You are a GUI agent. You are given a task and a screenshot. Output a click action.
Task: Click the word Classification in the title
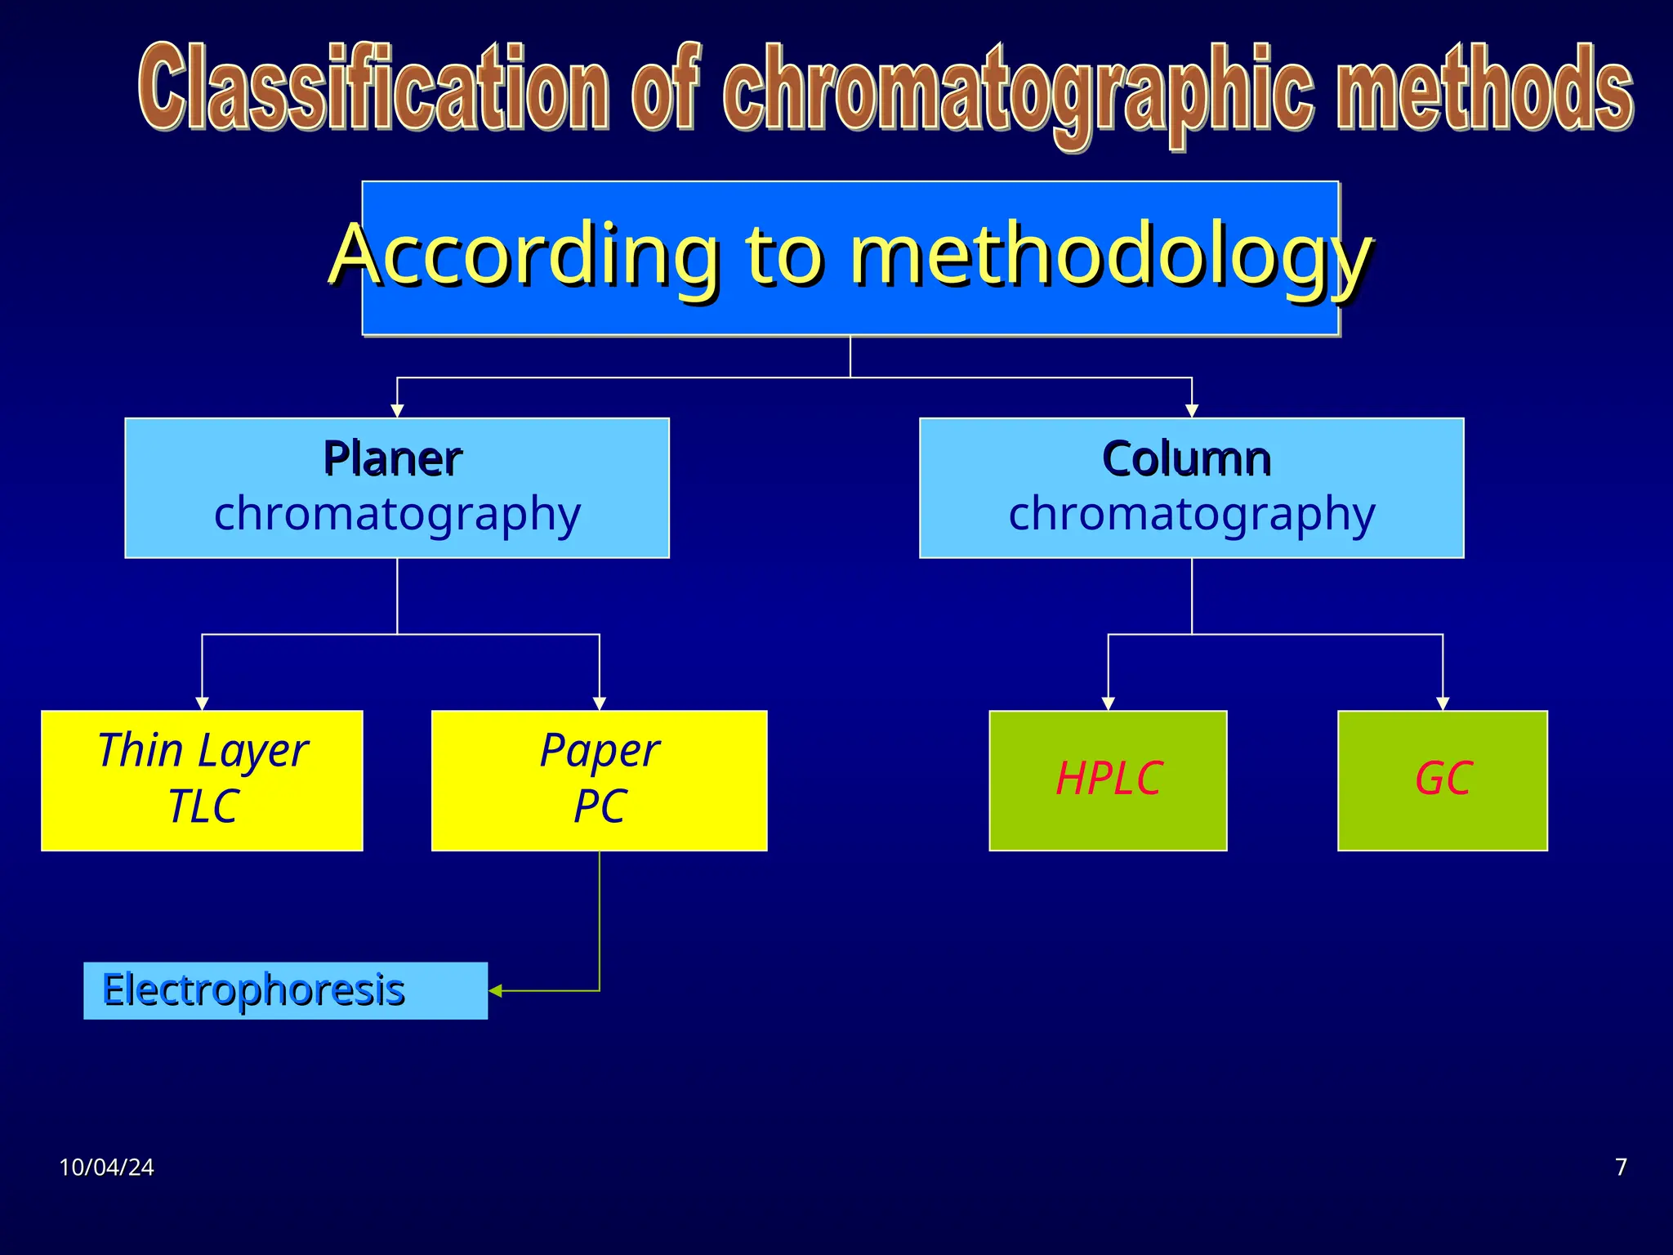(373, 87)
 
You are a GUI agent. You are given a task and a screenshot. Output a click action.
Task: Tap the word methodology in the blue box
(1111, 256)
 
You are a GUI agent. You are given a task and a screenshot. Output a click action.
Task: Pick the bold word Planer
(392, 458)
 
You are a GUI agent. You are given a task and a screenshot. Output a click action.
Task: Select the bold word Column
(1186, 458)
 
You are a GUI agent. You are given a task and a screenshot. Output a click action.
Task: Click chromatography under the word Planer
(397, 515)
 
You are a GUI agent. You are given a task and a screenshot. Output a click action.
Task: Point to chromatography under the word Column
(1192, 515)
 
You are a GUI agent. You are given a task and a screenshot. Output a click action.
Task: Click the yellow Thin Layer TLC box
(202, 780)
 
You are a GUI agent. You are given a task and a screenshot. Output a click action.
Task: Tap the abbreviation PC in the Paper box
(600, 807)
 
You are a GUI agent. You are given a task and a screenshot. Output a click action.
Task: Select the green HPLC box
(1108, 780)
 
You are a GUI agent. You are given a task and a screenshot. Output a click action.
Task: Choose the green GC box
(1443, 780)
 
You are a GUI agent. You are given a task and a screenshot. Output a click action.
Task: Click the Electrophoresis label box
(285, 990)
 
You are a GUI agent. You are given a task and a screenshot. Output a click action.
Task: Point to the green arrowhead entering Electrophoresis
(495, 990)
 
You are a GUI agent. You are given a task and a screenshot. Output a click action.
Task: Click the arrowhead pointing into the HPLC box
(1108, 703)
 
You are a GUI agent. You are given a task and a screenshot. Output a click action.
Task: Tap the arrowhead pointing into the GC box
(1443, 703)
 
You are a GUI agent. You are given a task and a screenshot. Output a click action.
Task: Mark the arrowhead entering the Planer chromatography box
(397, 411)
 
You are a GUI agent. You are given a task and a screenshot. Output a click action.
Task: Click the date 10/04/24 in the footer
(106, 1167)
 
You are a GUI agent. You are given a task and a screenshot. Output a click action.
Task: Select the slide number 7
(1621, 1167)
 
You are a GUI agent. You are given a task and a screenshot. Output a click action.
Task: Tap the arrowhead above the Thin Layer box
(202, 703)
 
